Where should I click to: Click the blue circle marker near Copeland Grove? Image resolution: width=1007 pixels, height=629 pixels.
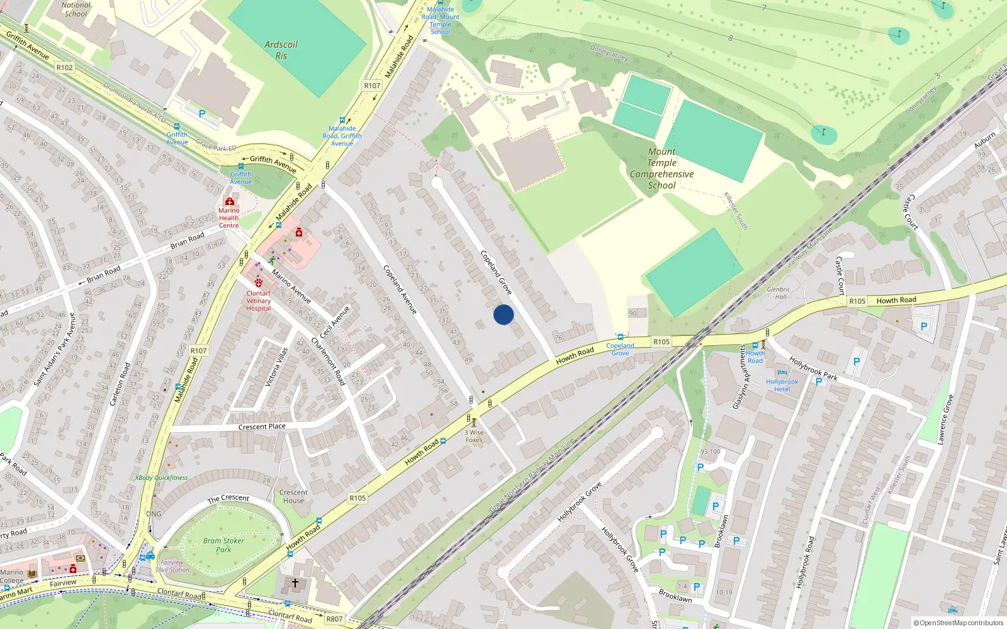[x=503, y=314]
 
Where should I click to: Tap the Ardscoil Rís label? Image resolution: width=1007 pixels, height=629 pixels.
[x=281, y=50]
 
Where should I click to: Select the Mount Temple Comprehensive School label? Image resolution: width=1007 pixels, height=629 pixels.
[x=661, y=169]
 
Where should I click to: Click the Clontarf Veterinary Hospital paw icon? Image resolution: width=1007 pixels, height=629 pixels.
[x=258, y=283]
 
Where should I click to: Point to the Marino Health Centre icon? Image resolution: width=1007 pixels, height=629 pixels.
[x=229, y=201]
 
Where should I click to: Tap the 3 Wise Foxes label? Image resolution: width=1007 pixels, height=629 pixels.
[x=475, y=436]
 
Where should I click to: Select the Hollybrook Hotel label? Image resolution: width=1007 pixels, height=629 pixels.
[x=782, y=386]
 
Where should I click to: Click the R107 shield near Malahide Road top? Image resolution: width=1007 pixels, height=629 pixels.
[x=372, y=86]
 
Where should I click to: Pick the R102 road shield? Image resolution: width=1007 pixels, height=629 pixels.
[x=64, y=67]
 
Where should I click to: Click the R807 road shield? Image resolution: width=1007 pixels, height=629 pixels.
[x=334, y=619]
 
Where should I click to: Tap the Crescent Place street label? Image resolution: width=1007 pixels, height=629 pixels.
[x=262, y=426]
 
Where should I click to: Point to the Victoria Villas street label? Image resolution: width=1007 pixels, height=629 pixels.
[x=276, y=367]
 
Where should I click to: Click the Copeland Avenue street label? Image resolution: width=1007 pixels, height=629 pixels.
[x=400, y=289]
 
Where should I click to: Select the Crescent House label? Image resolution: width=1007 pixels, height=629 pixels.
[x=293, y=497]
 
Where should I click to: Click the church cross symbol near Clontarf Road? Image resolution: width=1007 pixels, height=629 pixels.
[x=295, y=583]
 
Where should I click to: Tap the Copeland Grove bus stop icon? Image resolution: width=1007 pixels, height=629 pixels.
[x=621, y=337]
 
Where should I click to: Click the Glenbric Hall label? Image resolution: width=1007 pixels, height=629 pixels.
[x=779, y=293]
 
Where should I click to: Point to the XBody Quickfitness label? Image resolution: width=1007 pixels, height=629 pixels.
[x=162, y=478]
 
